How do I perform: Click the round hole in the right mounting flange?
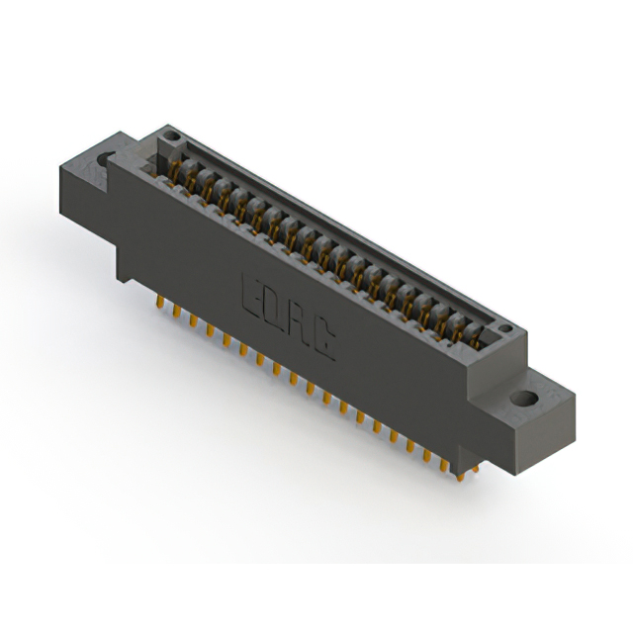pos(525,401)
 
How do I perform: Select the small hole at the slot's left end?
pos(170,136)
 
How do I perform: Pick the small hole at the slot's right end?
pos(504,329)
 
